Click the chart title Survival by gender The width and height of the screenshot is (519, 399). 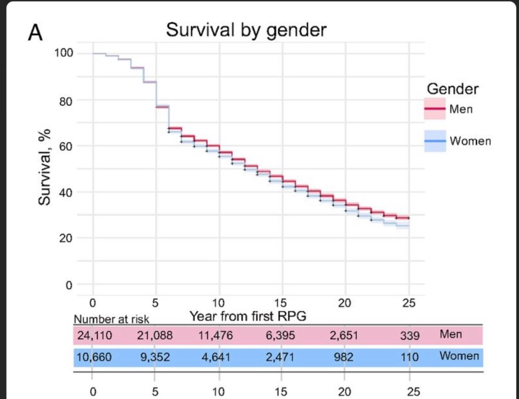(x=246, y=30)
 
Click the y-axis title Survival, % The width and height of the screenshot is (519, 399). (x=46, y=168)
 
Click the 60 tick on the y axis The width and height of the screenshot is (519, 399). (x=67, y=146)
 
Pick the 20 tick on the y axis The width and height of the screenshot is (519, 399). (x=67, y=238)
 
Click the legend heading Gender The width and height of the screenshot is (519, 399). (x=453, y=89)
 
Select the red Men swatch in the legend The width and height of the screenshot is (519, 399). (x=434, y=109)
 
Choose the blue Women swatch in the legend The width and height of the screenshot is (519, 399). (x=434, y=140)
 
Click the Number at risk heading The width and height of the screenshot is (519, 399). (x=112, y=320)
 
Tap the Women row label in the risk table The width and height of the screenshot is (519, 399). (x=459, y=356)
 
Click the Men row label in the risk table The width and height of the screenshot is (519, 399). (x=451, y=335)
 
